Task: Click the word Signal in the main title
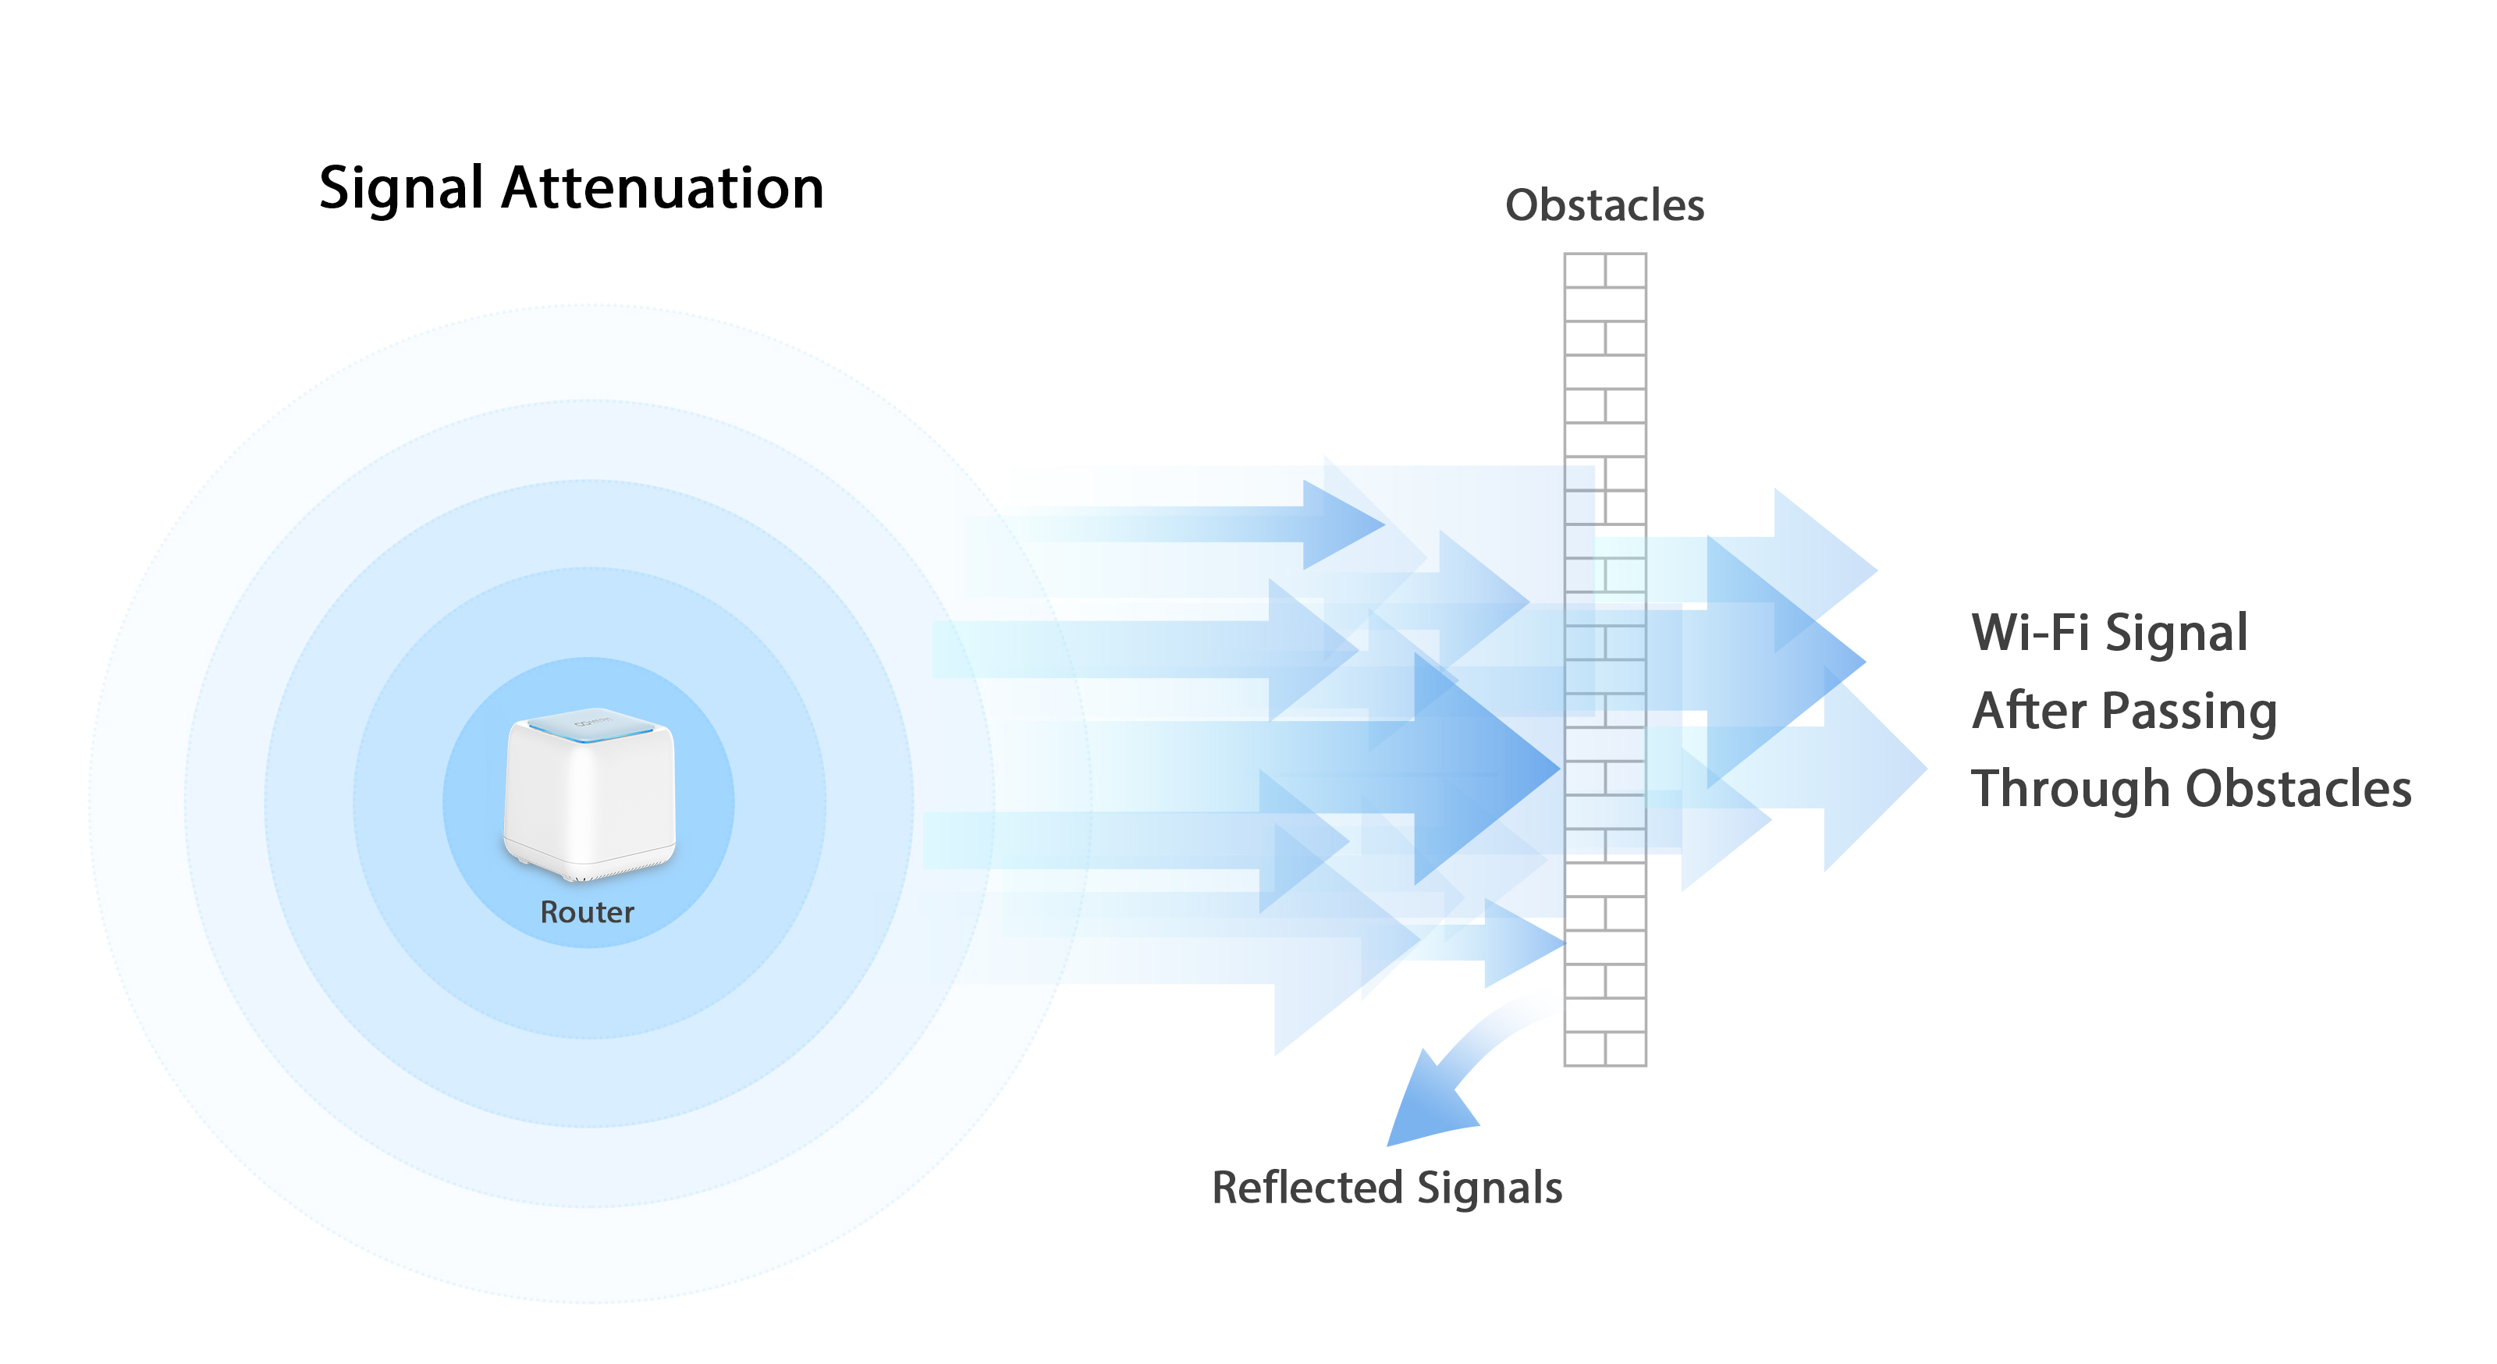coord(400,188)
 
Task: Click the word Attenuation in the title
coord(662,188)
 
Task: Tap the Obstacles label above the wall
coord(1604,205)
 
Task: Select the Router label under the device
coord(587,912)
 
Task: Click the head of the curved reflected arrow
coord(1425,1105)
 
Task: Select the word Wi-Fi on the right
coord(2030,633)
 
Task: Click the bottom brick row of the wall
coord(1604,1049)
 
